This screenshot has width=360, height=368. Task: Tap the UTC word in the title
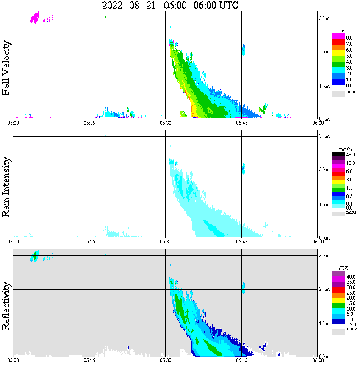pyautogui.click(x=226, y=6)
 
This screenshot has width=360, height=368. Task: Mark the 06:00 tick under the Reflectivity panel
pyautogui.click(x=318, y=360)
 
